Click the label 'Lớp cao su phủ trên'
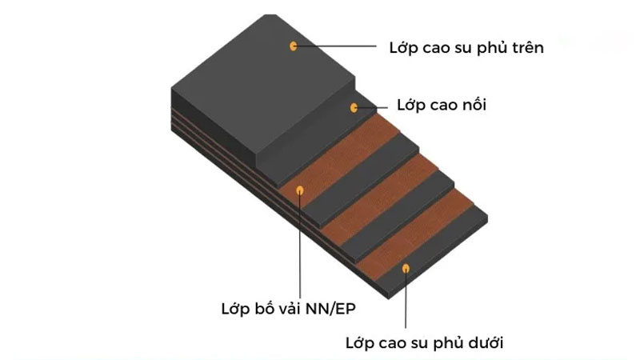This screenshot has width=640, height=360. [x=466, y=48]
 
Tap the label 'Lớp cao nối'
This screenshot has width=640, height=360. [x=442, y=105]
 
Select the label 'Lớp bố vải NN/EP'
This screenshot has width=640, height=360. [x=289, y=309]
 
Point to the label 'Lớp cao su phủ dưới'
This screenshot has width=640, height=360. [x=425, y=342]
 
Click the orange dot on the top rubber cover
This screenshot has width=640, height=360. [x=293, y=46]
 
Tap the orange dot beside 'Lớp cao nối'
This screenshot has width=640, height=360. [x=354, y=108]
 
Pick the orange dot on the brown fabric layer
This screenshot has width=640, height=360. [x=300, y=190]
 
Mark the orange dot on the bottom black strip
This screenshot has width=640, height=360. [x=406, y=269]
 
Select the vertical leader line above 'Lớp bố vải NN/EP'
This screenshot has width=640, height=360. [x=301, y=246]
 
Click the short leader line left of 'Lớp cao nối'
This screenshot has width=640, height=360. [x=372, y=108]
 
